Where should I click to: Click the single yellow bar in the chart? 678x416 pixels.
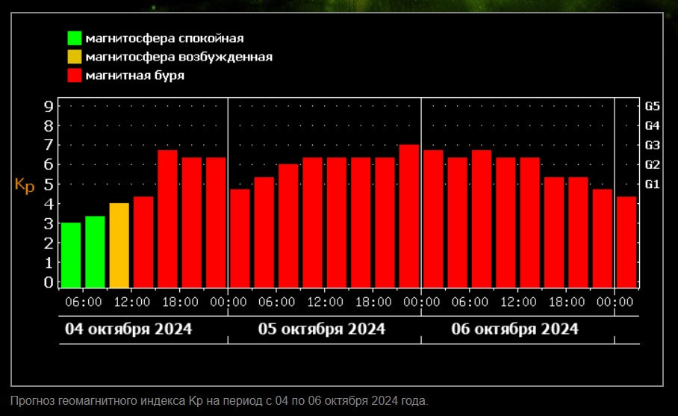[x=119, y=245]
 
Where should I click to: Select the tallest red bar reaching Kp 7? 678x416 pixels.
[x=409, y=216]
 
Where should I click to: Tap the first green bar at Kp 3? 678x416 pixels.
[x=71, y=255]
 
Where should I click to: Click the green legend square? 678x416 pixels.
[x=74, y=38]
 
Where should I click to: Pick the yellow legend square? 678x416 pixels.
[x=74, y=57]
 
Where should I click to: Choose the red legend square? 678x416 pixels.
[x=74, y=75]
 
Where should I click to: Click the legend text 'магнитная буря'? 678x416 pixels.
[x=134, y=75]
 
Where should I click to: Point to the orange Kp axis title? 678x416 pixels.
[x=25, y=184]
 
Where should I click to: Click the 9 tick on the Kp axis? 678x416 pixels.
[x=49, y=106]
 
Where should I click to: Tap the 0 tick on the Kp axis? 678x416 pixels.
[x=49, y=282]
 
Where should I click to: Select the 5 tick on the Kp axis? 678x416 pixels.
[x=49, y=184]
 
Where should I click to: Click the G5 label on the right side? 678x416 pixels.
[x=653, y=106]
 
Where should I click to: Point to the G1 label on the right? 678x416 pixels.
[x=653, y=184]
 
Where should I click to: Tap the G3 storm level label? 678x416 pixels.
[x=653, y=145]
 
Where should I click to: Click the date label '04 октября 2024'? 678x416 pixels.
[x=128, y=329]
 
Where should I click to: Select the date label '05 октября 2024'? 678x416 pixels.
[x=322, y=329]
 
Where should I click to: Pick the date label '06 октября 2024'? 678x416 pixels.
[x=515, y=329]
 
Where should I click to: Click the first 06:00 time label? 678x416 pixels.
[x=84, y=302]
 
